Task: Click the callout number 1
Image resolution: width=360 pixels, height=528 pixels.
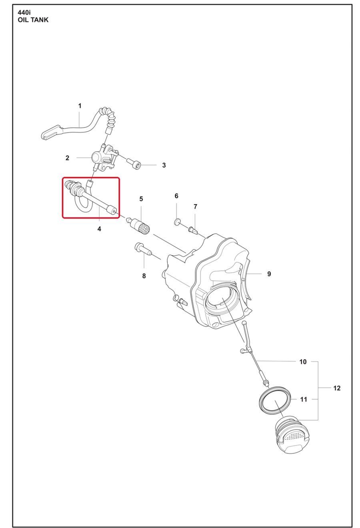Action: [x=80, y=106]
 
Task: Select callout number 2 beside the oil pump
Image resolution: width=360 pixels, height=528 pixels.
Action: [x=67, y=158]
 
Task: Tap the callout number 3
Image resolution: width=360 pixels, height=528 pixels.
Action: [x=164, y=165]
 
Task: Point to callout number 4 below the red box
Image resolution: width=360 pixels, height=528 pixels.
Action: [x=99, y=229]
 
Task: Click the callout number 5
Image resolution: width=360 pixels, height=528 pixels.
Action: [x=141, y=199]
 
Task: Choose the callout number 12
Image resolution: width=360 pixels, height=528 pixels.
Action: [x=337, y=388]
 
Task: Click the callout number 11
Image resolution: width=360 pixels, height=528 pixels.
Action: [x=304, y=399]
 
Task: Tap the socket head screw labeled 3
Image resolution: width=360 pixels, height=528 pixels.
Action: [x=134, y=163]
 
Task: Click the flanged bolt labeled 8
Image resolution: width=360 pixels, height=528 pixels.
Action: [x=142, y=249]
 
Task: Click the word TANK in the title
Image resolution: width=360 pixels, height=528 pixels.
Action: [x=39, y=20]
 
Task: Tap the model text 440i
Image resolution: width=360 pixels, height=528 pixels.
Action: [x=24, y=12]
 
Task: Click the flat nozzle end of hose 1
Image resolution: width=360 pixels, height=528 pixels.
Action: [x=51, y=132]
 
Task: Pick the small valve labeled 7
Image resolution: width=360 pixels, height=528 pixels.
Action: [x=193, y=229]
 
